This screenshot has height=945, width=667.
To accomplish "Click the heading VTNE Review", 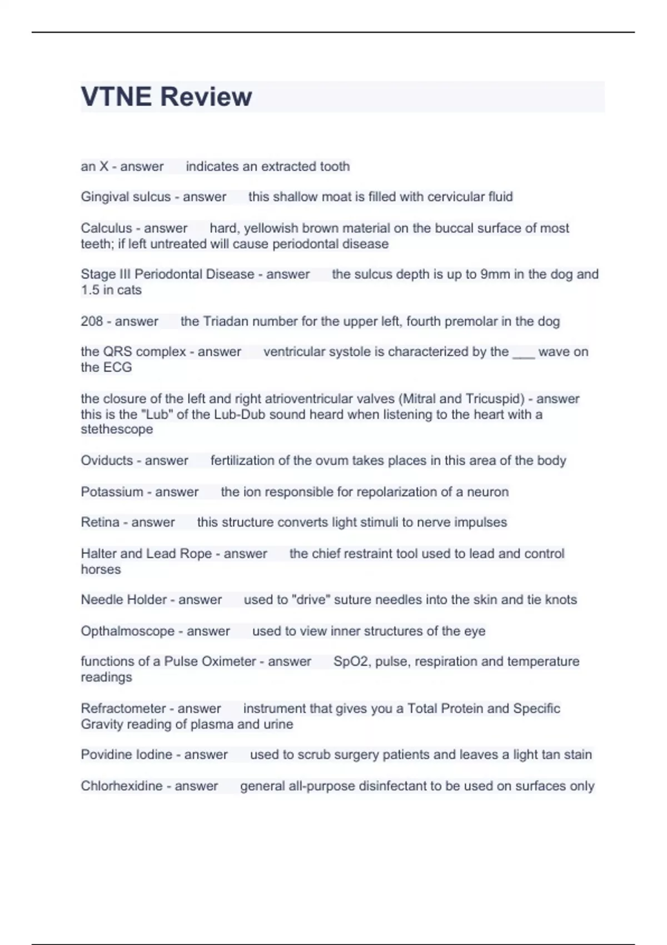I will tap(166, 97).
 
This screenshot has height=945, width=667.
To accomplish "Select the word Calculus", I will tap(106, 228).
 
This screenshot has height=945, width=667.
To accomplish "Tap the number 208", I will tap(92, 321).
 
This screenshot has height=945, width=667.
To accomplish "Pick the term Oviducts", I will tap(107, 460).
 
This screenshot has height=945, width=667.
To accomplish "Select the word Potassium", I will tap(112, 492).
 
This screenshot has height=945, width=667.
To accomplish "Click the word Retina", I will tap(100, 523).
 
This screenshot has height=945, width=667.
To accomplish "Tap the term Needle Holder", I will tap(123, 600).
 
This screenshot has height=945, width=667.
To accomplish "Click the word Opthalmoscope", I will tap(127, 631).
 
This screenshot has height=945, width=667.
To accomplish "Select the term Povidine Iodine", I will tap(126, 755).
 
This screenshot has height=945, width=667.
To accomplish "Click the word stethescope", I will tap(117, 429).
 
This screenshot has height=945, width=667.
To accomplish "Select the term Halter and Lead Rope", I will tap(146, 554).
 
